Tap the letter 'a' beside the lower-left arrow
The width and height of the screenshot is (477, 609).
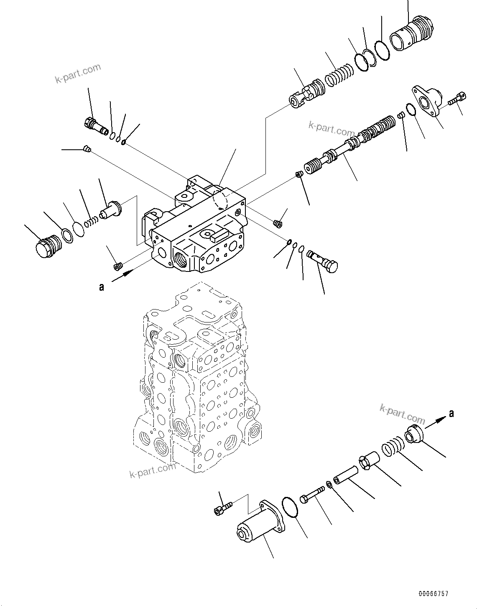click(x=101, y=287)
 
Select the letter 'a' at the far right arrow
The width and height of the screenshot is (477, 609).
click(x=451, y=414)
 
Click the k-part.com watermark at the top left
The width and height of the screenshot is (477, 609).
click(x=78, y=73)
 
